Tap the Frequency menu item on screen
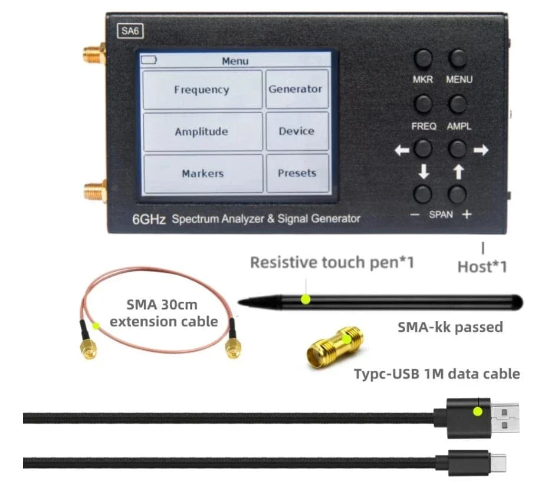[202, 90]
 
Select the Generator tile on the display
[297, 89]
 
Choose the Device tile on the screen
[297, 131]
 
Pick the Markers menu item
[203, 173]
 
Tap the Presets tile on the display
[297, 173]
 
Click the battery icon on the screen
[149, 60]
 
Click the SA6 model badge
[130, 31]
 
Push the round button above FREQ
[423, 104]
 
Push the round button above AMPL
[458, 104]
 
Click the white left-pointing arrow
[402, 150]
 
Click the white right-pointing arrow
[481, 150]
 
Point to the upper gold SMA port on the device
[94, 54]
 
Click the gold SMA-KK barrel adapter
[334, 347]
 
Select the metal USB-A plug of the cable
[505, 418]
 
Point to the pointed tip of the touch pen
[239, 302]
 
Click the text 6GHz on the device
[149, 219]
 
